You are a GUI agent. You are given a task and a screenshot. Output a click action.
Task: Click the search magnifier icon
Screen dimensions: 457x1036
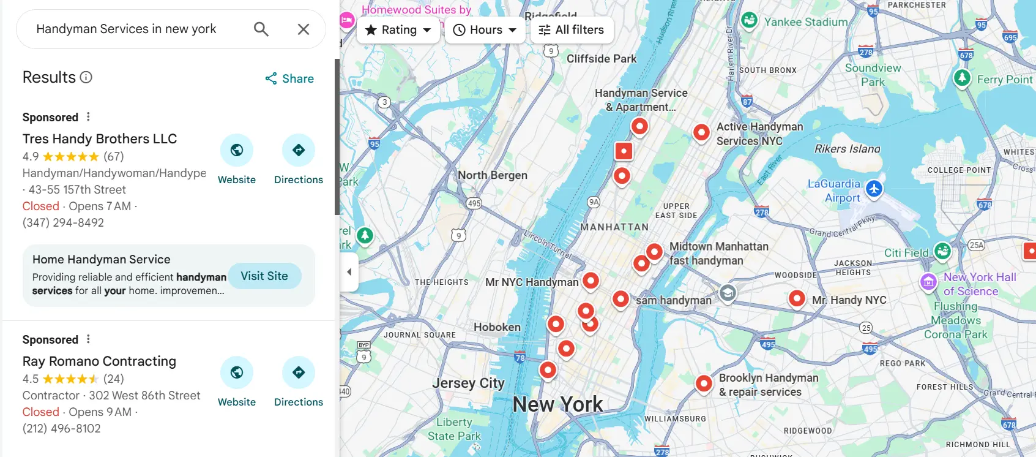[x=261, y=29]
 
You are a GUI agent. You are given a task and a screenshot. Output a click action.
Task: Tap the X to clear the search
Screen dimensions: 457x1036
[x=303, y=29]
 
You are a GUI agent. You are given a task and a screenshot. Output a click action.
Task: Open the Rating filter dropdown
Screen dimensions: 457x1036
[x=398, y=30]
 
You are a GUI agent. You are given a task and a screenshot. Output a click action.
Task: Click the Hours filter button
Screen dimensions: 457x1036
[x=485, y=30]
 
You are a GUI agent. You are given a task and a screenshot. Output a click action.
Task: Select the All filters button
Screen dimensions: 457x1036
[x=572, y=30]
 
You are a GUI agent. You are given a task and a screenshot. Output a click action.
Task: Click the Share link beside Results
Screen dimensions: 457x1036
[x=289, y=78]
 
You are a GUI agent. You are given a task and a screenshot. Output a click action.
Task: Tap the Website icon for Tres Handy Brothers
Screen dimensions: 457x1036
[x=237, y=151]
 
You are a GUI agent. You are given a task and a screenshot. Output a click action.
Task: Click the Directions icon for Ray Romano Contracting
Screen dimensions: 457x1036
[x=298, y=373]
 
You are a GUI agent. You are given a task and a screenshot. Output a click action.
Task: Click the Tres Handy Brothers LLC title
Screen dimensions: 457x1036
[x=100, y=139]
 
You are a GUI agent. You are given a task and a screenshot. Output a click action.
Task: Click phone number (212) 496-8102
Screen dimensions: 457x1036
[x=62, y=429]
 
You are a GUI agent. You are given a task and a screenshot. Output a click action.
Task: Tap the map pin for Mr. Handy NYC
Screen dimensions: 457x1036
[x=797, y=298]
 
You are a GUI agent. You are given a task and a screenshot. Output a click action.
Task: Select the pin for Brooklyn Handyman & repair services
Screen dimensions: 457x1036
[x=704, y=383]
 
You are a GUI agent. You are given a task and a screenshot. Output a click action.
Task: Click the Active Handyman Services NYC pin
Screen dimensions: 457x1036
[x=701, y=132]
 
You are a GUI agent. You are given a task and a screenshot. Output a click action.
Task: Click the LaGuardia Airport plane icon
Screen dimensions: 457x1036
[x=874, y=188]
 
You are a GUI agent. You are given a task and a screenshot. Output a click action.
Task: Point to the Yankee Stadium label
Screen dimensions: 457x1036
[x=805, y=22]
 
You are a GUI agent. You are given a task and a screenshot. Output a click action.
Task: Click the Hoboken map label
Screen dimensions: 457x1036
[x=497, y=327]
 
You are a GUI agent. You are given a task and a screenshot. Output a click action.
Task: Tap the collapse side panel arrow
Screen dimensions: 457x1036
[x=349, y=271]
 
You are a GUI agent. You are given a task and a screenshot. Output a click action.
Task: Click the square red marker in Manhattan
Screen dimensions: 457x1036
[x=623, y=151]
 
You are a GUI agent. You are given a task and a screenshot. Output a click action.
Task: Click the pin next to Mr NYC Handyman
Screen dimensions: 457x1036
[x=591, y=281]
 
